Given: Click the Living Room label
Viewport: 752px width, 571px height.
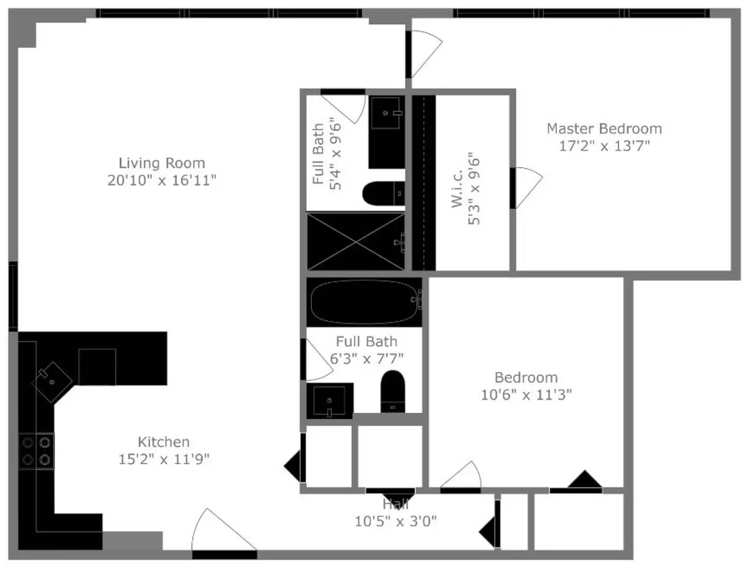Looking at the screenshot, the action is (x=162, y=163).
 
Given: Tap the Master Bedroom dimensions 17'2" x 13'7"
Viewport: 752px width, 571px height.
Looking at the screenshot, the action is (x=604, y=146).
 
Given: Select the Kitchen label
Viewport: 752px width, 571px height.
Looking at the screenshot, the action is (x=163, y=442).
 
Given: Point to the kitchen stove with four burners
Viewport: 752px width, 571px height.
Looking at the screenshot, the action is (x=36, y=451).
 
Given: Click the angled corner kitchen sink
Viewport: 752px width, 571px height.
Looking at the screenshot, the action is (x=52, y=382).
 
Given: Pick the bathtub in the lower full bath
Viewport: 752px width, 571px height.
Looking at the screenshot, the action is (x=364, y=302).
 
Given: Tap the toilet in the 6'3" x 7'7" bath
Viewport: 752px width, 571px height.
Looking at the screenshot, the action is (x=392, y=391).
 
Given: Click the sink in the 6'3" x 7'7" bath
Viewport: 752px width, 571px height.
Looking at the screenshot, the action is (x=329, y=400).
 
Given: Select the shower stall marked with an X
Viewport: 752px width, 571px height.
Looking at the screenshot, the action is (x=355, y=242).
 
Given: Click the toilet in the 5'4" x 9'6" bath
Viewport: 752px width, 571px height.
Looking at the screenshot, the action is (x=384, y=194).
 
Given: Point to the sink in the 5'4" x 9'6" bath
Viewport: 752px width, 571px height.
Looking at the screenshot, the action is (x=387, y=113).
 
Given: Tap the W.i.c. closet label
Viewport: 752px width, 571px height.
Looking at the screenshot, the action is (x=457, y=189).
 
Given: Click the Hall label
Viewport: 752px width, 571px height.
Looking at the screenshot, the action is (x=396, y=504).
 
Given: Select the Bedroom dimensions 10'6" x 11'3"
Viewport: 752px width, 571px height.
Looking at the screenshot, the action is (x=526, y=395).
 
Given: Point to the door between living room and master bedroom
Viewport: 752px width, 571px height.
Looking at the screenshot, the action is (x=424, y=54).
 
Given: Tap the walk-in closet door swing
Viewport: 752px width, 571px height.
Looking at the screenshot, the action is (x=526, y=188).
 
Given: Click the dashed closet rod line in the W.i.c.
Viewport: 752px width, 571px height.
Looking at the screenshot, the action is (x=424, y=183).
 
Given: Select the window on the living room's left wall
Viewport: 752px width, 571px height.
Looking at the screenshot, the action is (x=13, y=297).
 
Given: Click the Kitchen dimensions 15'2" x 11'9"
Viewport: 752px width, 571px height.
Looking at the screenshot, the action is (x=164, y=459).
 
